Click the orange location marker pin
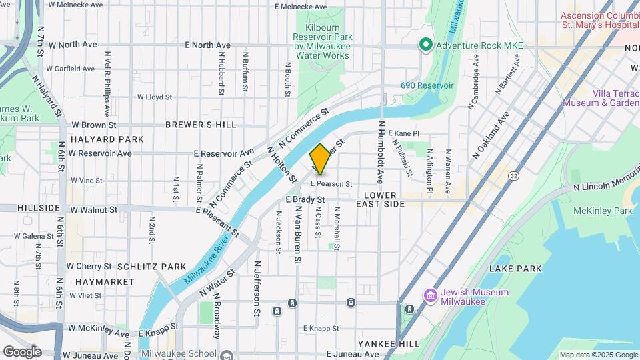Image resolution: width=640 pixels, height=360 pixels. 320,159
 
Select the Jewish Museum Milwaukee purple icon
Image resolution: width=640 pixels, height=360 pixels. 430,295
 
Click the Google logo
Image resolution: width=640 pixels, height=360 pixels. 22,352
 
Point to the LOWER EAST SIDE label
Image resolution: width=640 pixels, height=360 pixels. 384,199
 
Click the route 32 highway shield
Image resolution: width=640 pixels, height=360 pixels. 513,175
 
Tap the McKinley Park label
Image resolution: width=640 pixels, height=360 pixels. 603,211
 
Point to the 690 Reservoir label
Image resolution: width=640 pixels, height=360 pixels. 427,85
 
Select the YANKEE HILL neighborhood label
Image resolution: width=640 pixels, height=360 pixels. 389,343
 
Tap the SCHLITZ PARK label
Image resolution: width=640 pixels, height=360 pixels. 152,267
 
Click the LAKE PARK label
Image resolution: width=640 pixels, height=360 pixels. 515,269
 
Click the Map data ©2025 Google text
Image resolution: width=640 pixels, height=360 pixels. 597,355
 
